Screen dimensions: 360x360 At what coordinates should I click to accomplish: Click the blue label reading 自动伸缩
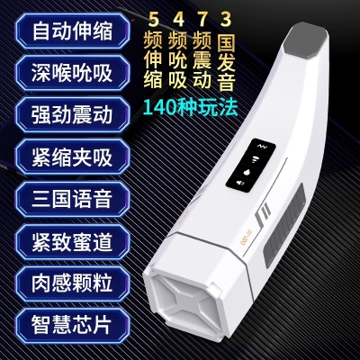tap(73, 31)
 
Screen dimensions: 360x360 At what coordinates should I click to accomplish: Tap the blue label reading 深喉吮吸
tap(73, 73)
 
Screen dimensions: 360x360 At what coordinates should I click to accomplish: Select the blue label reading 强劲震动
tap(73, 115)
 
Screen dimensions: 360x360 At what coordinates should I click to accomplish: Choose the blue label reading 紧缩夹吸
tap(73, 157)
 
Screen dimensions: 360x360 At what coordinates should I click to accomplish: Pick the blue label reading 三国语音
tap(73, 199)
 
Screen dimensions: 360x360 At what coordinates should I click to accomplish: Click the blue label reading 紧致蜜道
tap(73, 241)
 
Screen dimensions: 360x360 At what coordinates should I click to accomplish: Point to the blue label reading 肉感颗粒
tap(73, 283)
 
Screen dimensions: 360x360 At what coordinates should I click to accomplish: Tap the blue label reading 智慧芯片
tap(73, 325)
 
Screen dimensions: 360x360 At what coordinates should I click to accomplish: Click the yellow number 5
tap(153, 19)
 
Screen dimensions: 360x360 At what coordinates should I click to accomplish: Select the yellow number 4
tap(179, 19)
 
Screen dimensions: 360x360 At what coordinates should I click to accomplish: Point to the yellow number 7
tap(202, 19)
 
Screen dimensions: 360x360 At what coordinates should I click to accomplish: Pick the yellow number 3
tap(226, 19)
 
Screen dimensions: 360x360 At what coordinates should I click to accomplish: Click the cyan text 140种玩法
tap(190, 107)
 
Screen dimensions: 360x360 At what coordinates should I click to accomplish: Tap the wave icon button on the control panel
tap(260, 146)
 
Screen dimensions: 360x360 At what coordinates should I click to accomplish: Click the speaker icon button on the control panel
tap(240, 182)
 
